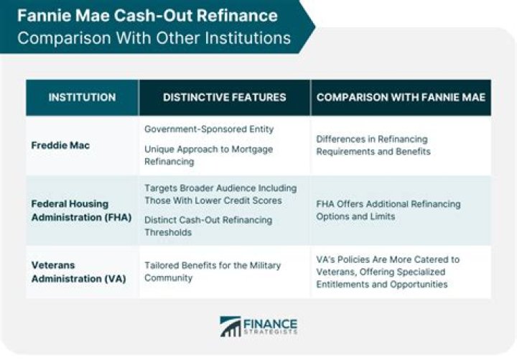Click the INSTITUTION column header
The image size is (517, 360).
(x=82, y=97)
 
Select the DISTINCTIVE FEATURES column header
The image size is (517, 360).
(x=225, y=97)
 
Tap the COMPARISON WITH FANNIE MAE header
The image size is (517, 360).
(x=401, y=97)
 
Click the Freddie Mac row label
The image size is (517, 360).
(x=60, y=145)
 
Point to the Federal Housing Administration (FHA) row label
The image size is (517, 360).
(x=81, y=211)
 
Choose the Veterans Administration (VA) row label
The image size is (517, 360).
(x=79, y=272)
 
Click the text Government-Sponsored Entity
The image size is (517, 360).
(x=209, y=129)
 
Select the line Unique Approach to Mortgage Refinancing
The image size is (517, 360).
(x=209, y=155)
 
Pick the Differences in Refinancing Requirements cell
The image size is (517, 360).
(x=373, y=145)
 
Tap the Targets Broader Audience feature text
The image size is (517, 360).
(x=220, y=194)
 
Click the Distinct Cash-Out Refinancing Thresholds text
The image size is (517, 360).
(x=208, y=226)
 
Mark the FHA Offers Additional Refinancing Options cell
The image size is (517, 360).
(x=388, y=211)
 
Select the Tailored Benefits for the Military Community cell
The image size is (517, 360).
(x=213, y=272)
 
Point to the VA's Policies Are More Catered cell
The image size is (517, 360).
(x=388, y=272)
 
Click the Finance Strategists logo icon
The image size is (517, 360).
(x=230, y=327)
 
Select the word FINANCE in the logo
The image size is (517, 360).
(x=271, y=323)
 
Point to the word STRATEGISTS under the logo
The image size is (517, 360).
(x=271, y=332)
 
